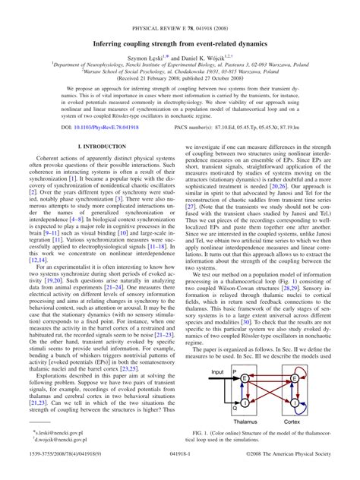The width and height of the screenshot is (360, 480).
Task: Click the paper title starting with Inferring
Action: pos(180,44)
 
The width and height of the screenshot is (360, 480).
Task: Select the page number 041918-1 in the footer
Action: pos(179,471)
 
